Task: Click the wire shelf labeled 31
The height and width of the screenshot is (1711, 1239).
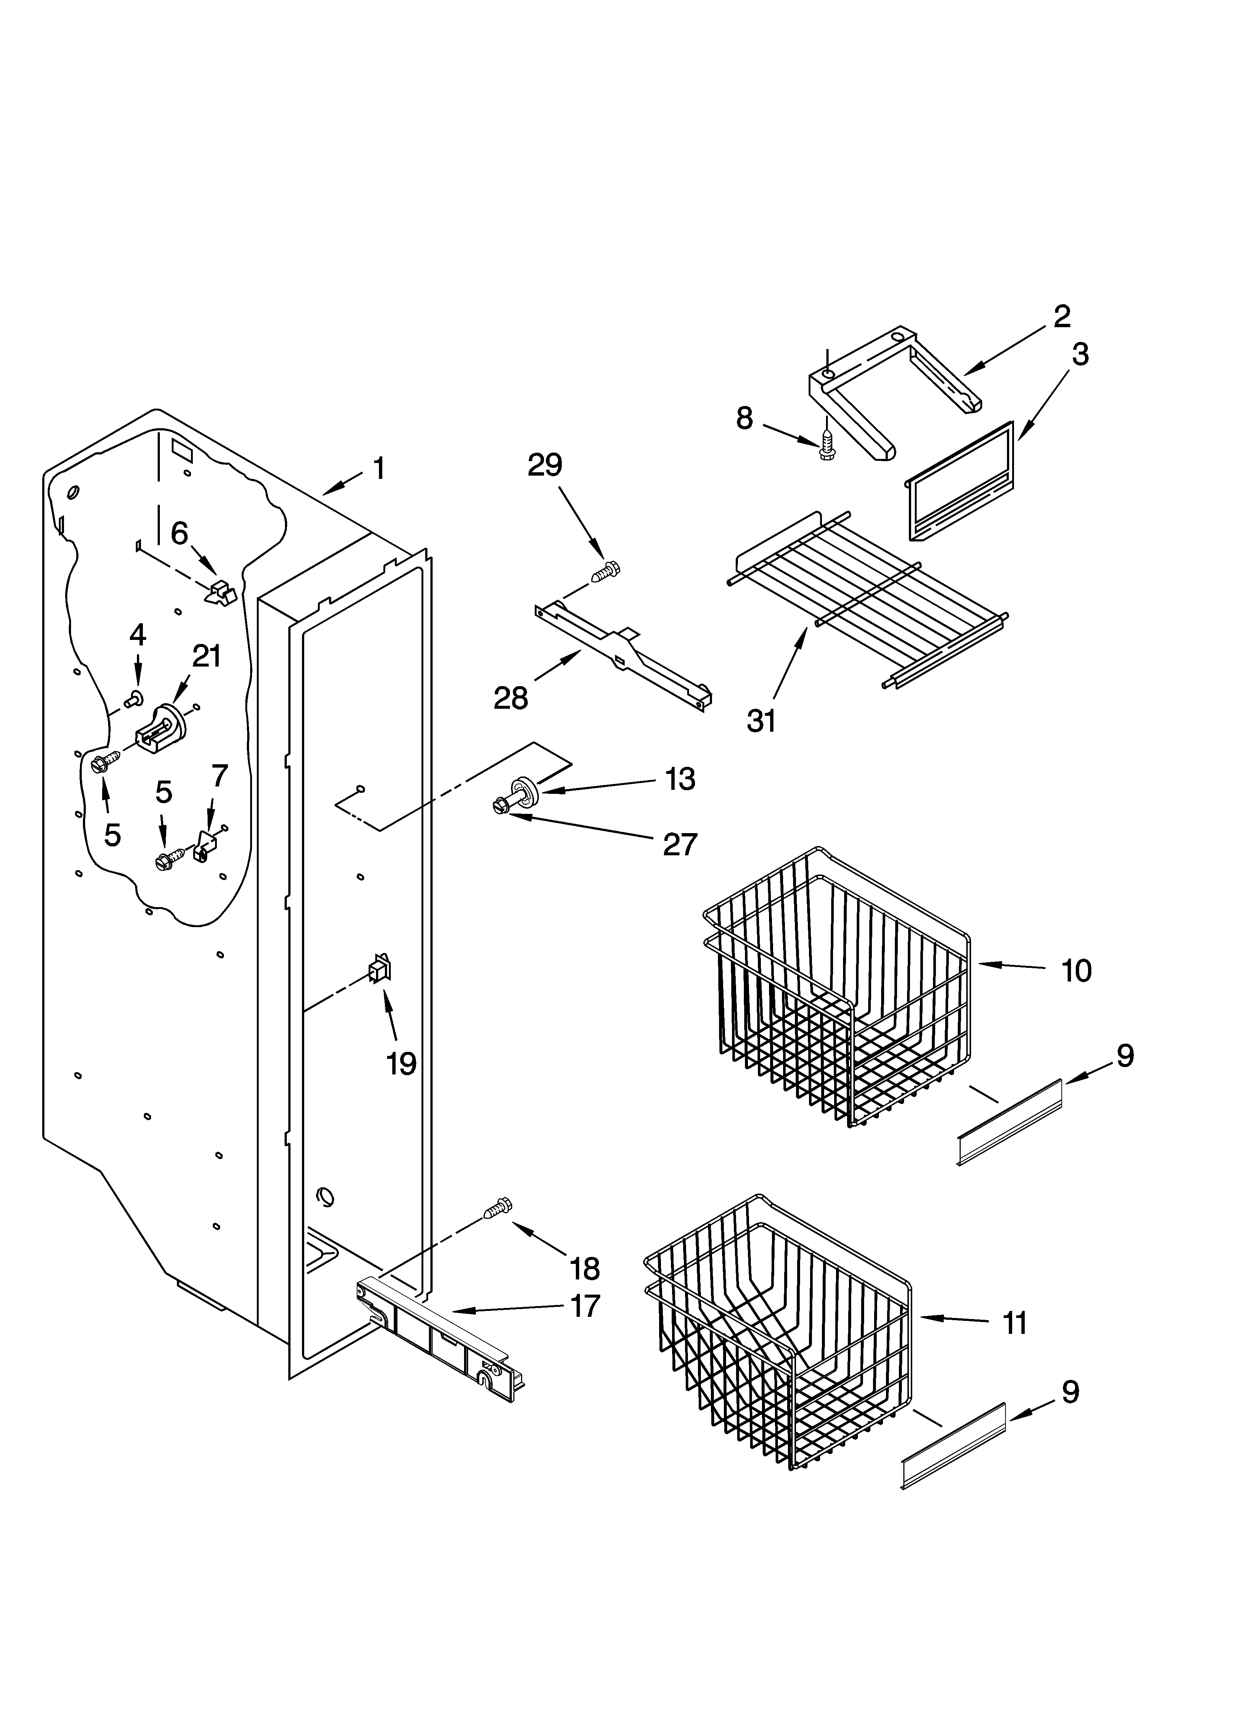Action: (868, 596)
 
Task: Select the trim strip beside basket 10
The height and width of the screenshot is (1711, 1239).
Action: (1010, 1122)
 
